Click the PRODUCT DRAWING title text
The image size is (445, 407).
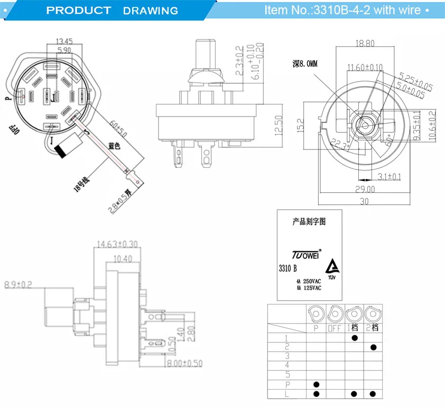click(112, 11)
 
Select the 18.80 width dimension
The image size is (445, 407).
click(364, 44)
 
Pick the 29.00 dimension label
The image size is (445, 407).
click(364, 189)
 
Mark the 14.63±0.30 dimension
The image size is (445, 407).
click(117, 244)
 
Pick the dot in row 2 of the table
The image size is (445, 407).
click(374, 347)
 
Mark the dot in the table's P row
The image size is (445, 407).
click(316, 384)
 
